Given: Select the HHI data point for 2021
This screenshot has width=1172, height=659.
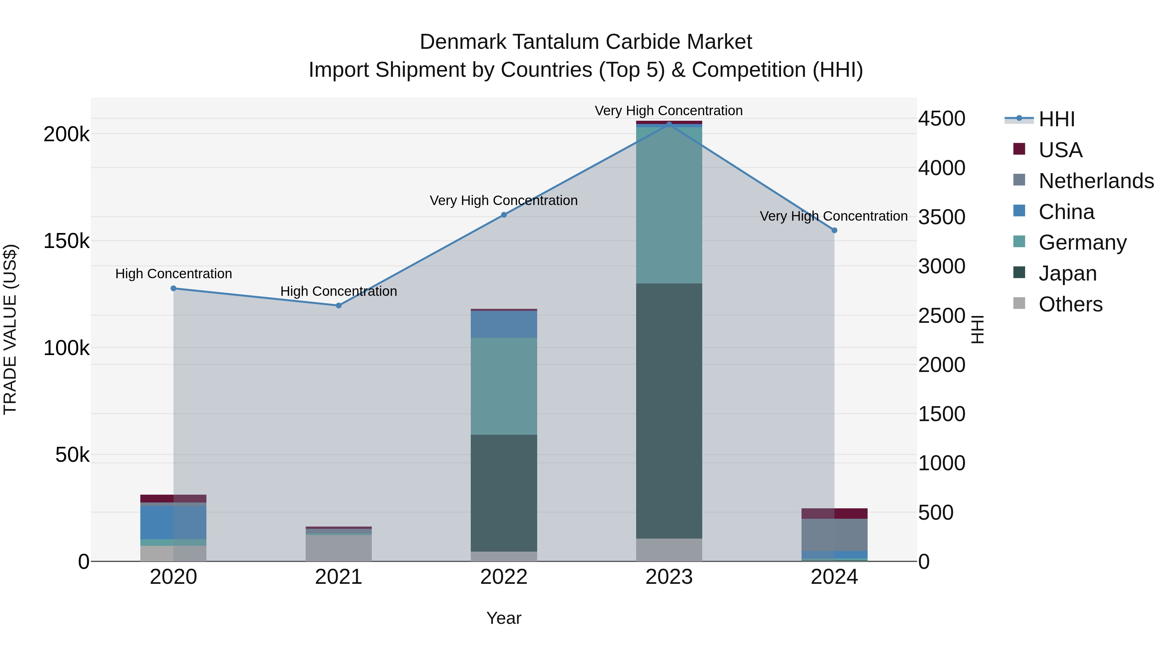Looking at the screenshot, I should [x=339, y=306].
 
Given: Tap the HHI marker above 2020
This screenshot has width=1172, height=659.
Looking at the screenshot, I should [x=173, y=288].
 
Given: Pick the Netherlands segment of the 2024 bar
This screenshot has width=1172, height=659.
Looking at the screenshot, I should [x=834, y=534].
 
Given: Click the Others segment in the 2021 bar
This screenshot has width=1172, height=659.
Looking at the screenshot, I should [x=339, y=548].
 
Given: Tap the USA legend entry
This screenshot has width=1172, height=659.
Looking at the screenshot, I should [x=1060, y=150].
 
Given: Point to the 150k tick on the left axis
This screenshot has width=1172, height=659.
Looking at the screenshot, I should [x=66, y=241].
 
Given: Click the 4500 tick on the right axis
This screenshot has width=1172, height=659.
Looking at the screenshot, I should [x=941, y=119].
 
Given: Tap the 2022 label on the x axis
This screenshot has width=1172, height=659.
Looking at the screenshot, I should [x=504, y=577].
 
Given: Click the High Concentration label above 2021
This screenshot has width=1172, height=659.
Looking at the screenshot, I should [x=339, y=291].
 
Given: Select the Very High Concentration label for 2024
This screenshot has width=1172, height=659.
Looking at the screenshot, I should [x=833, y=216].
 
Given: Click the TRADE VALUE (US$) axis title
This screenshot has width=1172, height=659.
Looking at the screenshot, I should [x=10, y=329].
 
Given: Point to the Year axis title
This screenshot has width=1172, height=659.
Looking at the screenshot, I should [x=504, y=618].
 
